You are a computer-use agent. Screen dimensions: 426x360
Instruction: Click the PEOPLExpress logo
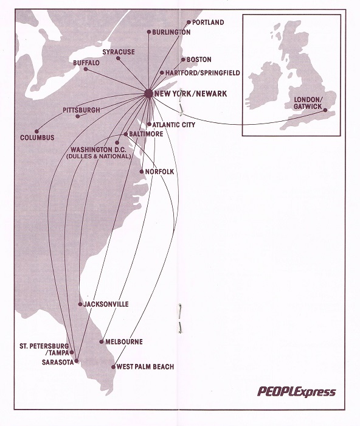[x=296, y=391]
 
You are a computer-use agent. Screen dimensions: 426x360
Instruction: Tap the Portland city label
[x=208, y=23]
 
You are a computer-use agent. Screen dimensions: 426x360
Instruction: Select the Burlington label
[x=171, y=32]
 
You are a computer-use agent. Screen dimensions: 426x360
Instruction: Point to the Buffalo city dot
[x=86, y=69]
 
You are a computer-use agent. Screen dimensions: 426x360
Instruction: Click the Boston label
[x=199, y=60]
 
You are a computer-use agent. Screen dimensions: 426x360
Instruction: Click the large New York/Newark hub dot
[x=148, y=93]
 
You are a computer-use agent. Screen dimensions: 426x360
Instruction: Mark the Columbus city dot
[x=37, y=131]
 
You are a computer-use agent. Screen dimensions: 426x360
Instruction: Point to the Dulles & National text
[x=99, y=156]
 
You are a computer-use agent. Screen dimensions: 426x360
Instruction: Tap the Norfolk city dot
[x=142, y=172]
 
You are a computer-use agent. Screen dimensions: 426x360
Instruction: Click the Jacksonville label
[x=106, y=304]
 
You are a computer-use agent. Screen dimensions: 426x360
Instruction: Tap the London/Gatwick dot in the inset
[x=326, y=111]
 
